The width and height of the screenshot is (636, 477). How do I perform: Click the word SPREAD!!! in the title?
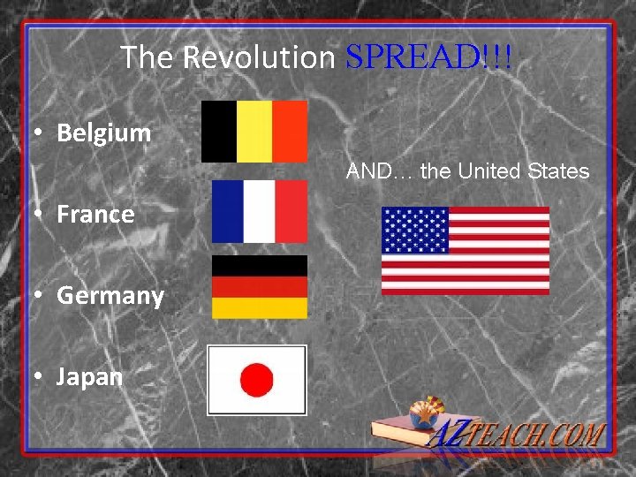click(x=428, y=58)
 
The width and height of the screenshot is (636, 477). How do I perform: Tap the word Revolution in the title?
click(x=259, y=58)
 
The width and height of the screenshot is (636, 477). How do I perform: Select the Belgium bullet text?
click(x=104, y=133)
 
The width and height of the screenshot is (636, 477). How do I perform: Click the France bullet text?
click(x=95, y=215)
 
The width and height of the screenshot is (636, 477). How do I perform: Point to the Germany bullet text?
click(x=110, y=295)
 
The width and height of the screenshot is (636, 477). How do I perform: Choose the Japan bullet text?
click(x=89, y=377)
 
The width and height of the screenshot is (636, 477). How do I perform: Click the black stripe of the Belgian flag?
click(x=219, y=132)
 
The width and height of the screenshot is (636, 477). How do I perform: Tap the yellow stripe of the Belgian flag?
click(x=254, y=132)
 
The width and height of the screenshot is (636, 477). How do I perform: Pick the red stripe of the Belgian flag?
click(x=290, y=132)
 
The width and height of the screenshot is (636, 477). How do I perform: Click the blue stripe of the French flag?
click(x=227, y=211)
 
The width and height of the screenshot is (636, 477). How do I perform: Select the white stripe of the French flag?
click(x=259, y=211)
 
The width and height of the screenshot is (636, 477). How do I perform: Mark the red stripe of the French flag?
click(x=291, y=211)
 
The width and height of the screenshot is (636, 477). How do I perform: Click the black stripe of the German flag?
click(x=260, y=265)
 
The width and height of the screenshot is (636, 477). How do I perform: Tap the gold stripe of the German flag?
click(x=260, y=307)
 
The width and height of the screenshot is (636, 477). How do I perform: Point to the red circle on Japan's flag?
click(x=257, y=381)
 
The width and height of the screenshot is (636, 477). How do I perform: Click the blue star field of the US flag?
click(x=415, y=230)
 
